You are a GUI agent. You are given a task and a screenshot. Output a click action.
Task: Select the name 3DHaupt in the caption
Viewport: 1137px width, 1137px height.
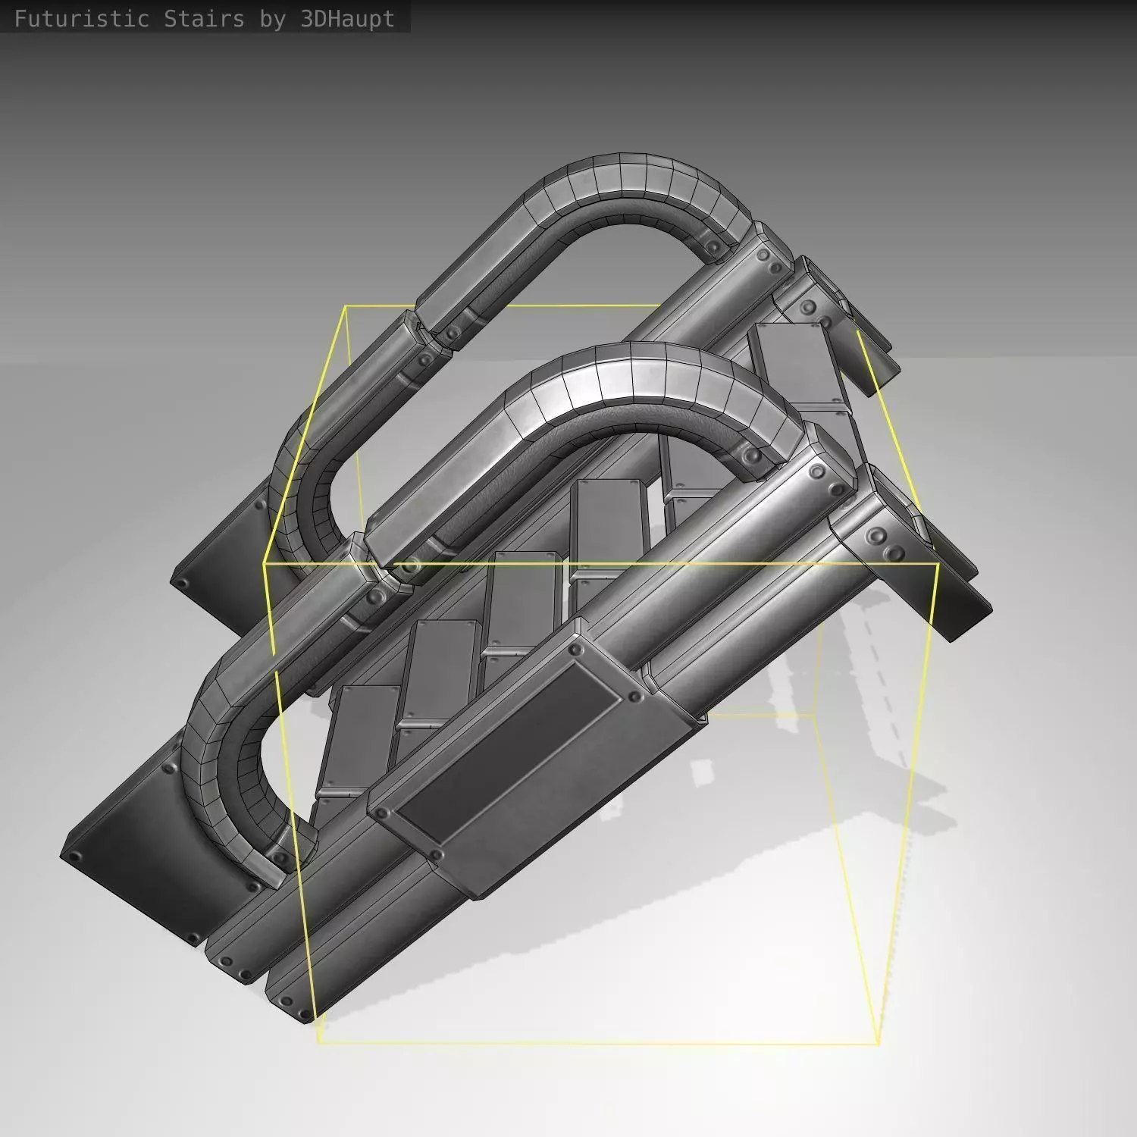348,19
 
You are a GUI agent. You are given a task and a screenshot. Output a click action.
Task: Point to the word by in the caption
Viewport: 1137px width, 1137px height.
272,19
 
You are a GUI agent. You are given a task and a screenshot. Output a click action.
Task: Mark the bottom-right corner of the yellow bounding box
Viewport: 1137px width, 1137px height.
879,1044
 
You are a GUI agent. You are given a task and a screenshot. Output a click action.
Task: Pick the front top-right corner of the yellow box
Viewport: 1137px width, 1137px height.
938,564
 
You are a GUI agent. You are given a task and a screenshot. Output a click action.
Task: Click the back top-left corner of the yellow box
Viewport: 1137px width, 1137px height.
346,306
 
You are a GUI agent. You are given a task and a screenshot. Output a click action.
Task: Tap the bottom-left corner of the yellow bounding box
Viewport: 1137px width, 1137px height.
318,1042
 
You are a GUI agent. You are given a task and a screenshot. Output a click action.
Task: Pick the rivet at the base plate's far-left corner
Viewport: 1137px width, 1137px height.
74,857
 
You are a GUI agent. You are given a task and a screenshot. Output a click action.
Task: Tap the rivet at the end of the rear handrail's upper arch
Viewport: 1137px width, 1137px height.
713,248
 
